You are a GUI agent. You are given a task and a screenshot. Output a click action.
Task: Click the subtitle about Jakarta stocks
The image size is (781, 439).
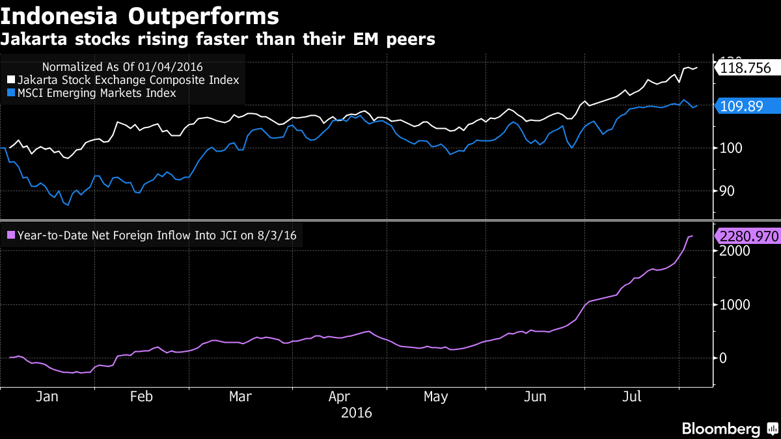tap(217, 40)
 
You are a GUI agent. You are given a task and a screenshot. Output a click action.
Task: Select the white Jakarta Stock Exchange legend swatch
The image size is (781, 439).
tap(10, 80)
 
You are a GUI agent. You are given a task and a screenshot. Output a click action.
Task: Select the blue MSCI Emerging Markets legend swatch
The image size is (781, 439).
tap(10, 94)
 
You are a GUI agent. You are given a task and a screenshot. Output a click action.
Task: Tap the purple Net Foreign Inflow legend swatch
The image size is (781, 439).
tap(10, 236)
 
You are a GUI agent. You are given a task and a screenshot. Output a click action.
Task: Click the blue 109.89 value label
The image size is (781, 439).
tap(741, 106)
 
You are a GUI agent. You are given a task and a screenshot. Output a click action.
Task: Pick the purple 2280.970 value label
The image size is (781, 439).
tap(748, 236)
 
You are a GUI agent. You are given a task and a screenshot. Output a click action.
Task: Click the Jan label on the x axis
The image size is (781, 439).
tap(48, 397)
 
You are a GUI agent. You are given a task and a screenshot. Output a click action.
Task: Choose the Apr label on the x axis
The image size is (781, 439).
tap(339, 397)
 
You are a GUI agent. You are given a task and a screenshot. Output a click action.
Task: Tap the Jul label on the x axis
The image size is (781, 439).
tap(630, 397)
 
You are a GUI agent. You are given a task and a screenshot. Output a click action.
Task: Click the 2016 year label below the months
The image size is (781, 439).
tap(356, 412)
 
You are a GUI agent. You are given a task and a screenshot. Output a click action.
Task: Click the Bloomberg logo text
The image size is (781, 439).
tap(720, 429)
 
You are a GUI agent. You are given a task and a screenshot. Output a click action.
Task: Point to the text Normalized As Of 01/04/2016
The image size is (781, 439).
tap(122, 66)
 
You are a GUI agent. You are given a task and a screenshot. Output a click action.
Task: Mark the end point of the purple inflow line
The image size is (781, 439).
tap(692, 235)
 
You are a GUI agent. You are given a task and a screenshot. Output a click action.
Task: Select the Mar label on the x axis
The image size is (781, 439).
tap(240, 397)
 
